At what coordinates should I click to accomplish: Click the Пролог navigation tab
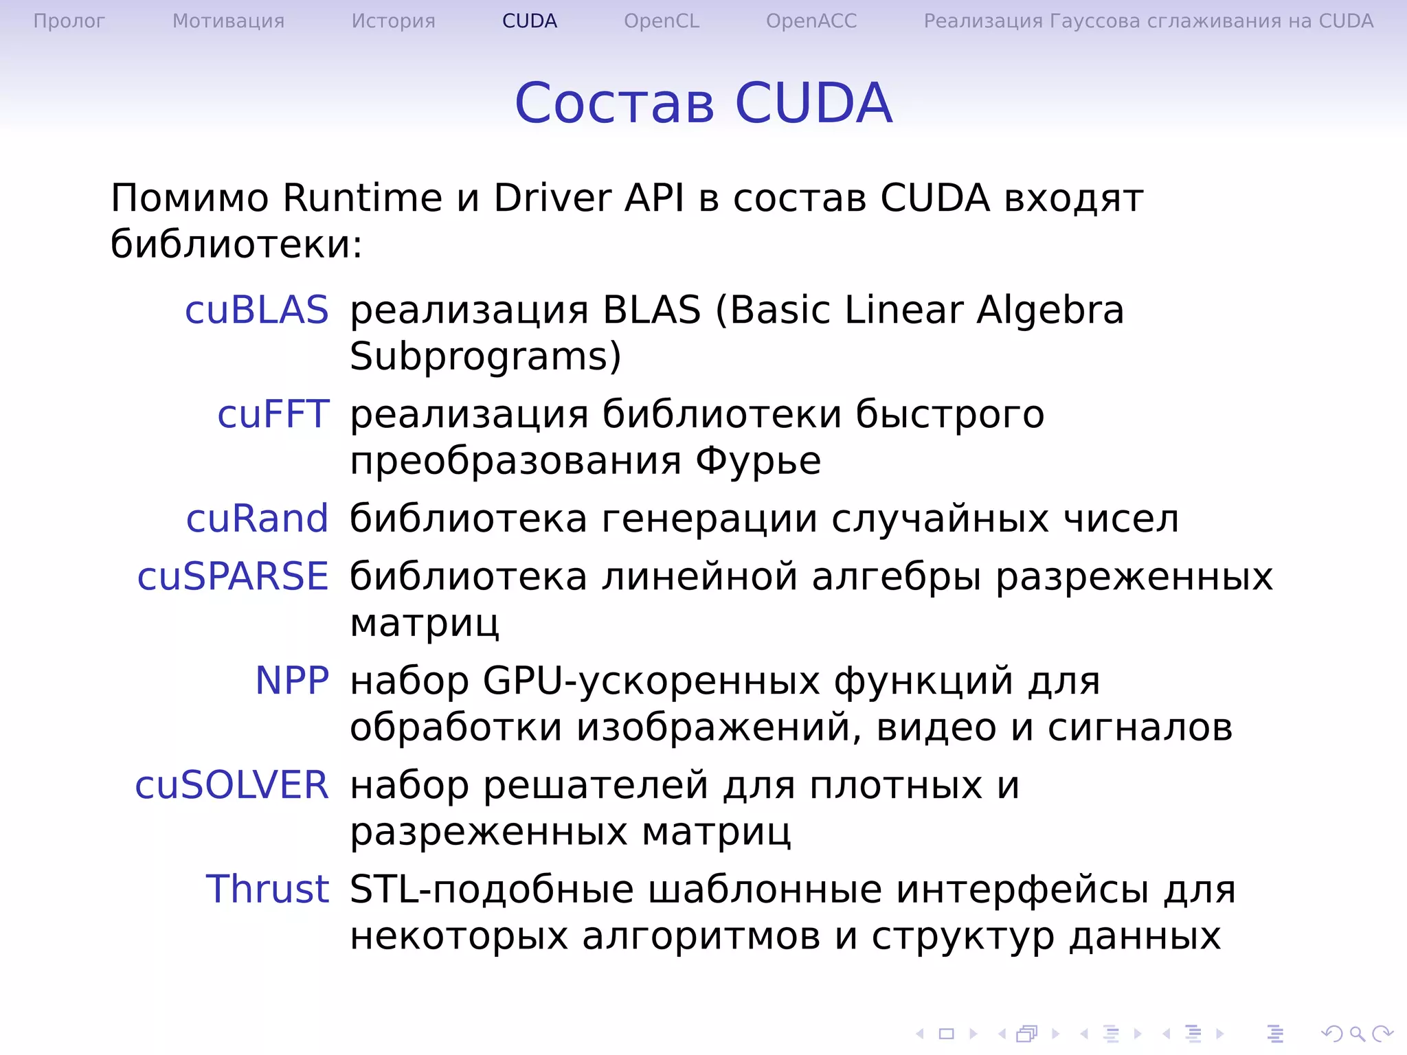click(x=69, y=21)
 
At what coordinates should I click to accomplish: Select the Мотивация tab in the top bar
click(x=228, y=21)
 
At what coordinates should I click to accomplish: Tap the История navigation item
click(x=393, y=21)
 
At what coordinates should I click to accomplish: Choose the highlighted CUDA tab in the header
click(x=529, y=21)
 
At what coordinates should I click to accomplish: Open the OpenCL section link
click(x=661, y=21)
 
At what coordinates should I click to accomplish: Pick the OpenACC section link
click(x=811, y=21)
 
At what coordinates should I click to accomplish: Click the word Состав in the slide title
click(x=614, y=103)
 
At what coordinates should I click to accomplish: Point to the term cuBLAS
click(x=257, y=310)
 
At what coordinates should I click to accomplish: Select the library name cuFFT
click(x=273, y=414)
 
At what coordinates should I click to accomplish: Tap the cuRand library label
click(x=257, y=519)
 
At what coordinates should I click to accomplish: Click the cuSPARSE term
click(x=233, y=576)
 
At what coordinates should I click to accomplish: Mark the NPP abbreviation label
click(x=292, y=681)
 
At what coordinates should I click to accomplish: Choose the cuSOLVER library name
click(x=232, y=785)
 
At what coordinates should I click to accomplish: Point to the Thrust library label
click(x=267, y=889)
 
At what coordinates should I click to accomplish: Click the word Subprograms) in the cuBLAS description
click(x=485, y=357)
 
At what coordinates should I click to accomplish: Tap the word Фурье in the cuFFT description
click(x=758, y=461)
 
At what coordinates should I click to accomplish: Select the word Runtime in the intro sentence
click(x=362, y=198)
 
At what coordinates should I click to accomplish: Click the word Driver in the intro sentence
click(x=552, y=198)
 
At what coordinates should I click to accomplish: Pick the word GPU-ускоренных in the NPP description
click(x=651, y=682)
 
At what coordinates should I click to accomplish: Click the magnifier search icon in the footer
click(x=1357, y=1033)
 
